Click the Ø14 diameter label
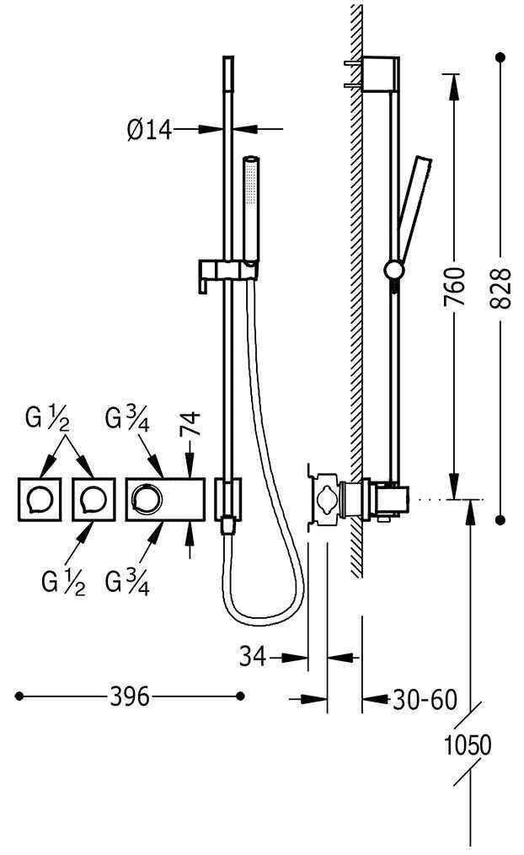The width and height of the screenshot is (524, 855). tap(149, 131)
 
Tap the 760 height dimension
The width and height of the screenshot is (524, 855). tap(455, 287)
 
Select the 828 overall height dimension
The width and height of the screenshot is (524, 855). tap(500, 288)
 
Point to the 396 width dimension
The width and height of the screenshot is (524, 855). tap(130, 696)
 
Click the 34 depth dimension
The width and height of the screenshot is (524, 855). tap(253, 656)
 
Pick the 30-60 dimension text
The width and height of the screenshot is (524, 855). tap(425, 700)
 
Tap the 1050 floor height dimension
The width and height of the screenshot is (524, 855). tap(468, 745)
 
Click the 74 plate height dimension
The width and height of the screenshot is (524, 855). tap(190, 423)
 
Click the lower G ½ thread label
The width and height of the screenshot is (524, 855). tap(63, 582)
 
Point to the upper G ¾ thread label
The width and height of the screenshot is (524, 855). tap(127, 419)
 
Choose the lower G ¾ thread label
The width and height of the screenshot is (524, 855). tap(127, 582)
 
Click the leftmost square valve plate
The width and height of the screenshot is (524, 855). tap(40, 499)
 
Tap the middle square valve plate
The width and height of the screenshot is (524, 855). tap(94, 499)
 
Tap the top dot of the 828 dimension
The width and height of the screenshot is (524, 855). tap(500, 56)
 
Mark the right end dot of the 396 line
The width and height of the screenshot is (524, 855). tap(240, 696)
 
